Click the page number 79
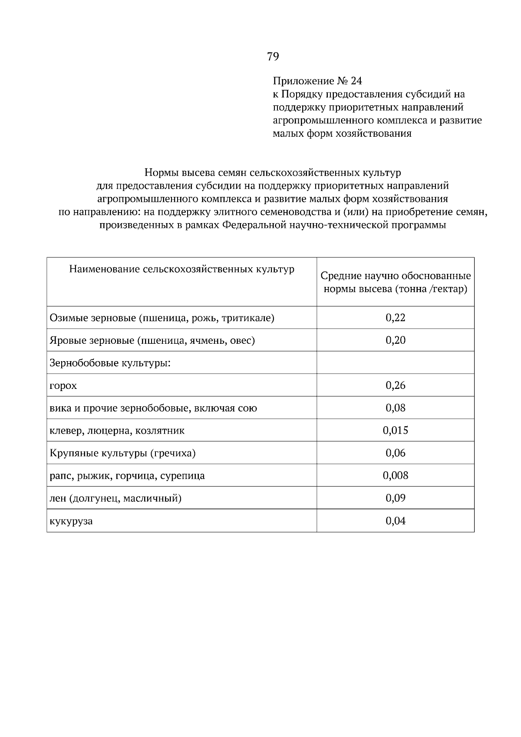273,56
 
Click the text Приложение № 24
317,81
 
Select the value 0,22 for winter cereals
395,318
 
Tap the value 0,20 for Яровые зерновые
395,340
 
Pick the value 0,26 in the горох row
395,385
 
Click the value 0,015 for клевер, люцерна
395,431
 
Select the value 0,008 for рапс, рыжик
395,476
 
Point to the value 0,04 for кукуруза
395,521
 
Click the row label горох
63,386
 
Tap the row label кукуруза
71,521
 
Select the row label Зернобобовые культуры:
110,363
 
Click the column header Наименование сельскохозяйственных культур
181,270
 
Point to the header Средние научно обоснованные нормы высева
395,283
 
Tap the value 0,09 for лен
395,498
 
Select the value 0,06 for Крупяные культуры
395,453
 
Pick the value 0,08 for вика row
395,408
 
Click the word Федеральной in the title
257,225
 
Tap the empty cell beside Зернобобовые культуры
395,362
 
